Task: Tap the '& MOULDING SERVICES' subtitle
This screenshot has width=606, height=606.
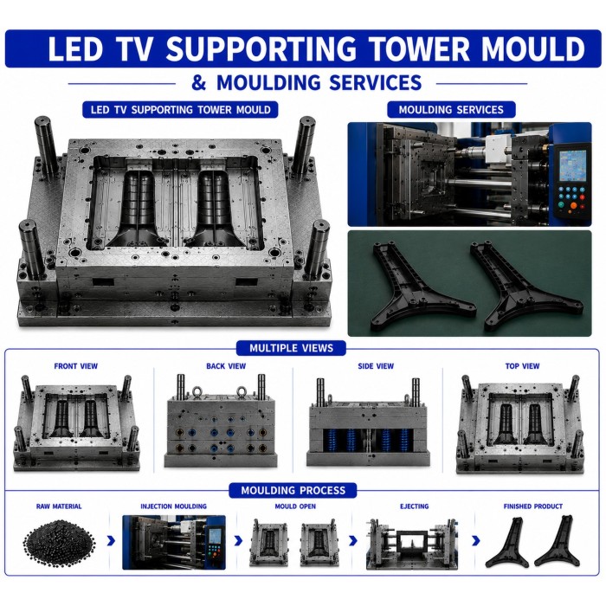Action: pyautogui.click(x=306, y=83)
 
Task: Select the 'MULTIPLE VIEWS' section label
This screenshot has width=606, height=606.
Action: pyautogui.click(x=291, y=348)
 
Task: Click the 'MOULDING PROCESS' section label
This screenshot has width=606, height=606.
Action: pyautogui.click(x=293, y=490)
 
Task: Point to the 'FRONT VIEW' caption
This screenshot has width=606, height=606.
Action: pyautogui.click(x=76, y=366)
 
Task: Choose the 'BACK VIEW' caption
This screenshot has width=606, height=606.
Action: pyautogui.click(x=226, y=366)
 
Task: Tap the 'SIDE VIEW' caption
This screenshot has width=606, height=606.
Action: pyautogui.click(x=376, y=366)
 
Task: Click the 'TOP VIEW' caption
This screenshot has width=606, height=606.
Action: pyautogui.click(x=522, y=366)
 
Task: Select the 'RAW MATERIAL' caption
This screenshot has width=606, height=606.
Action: pyautogui.click(x=59, y=506)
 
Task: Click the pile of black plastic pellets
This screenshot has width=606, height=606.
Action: pyautogui.click(x=59, y=544)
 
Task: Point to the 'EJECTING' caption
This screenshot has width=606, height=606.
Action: pyautogui.click(x=414, y=506)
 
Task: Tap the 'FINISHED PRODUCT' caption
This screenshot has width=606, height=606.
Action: pyautogui.click(x=533, y=506)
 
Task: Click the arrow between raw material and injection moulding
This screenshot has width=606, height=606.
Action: pyautogui.click(x=111, y=541)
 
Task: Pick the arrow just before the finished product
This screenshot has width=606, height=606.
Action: pyautogui.click(x=476, y=541)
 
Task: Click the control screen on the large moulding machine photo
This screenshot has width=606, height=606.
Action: pyautogui.click(x=573, y=165)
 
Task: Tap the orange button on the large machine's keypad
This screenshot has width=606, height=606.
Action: pyautogui.click(x=573, y=205)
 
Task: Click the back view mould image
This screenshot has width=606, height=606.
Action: pyautogui.click(x=222, y=421)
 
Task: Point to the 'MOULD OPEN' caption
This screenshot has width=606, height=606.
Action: pyautogui.click(x=295, y=506)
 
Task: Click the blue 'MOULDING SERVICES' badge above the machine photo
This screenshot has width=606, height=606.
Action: pyautogui.click(x=451, y=110)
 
